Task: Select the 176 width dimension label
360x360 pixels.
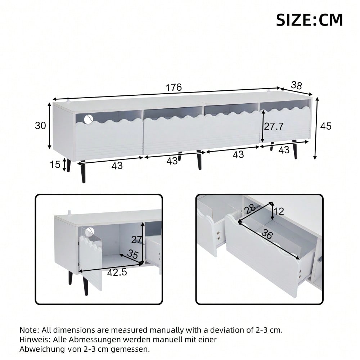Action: point(174,88)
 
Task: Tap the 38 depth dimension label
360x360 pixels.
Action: point(296,85)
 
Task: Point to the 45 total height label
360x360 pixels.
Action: point(326,126)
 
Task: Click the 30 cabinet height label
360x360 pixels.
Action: point(41,125)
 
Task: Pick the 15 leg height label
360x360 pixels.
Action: point(55,165)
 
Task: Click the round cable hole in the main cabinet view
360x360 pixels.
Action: point(89,119)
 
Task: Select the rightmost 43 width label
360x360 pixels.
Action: point(284,149)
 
